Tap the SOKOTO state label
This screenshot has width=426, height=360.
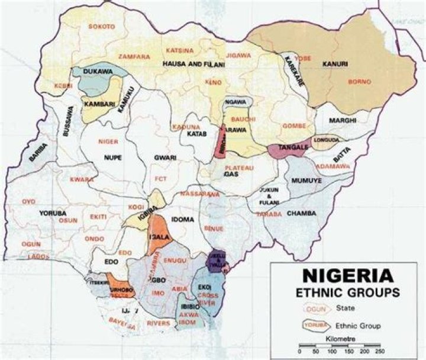102,27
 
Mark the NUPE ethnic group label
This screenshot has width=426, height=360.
112,158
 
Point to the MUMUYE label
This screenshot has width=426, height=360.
307,177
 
